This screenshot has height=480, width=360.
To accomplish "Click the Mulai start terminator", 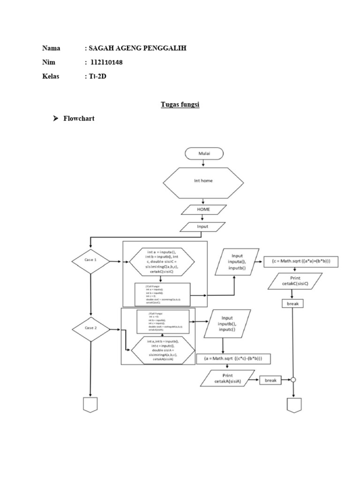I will (x=204, y=153).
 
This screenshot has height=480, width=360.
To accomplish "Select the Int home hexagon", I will (x=203, y=181).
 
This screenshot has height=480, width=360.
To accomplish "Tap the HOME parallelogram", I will (x=203, y=210).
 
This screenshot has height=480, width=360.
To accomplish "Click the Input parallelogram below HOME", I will (x=203, y=227).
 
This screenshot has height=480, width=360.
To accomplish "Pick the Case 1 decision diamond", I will (x=90, y=261).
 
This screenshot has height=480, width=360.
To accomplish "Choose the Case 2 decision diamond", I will (x=90, y=328).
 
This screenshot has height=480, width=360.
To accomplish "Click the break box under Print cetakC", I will (x=293, y=304).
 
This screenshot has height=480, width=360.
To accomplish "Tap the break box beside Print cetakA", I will (x=270, y=381).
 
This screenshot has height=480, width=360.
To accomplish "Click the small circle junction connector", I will (x=293, y=381).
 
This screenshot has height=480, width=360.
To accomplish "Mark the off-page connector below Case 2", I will (x=90, y=405).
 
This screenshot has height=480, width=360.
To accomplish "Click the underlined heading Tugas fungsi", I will (x=180, y=105).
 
